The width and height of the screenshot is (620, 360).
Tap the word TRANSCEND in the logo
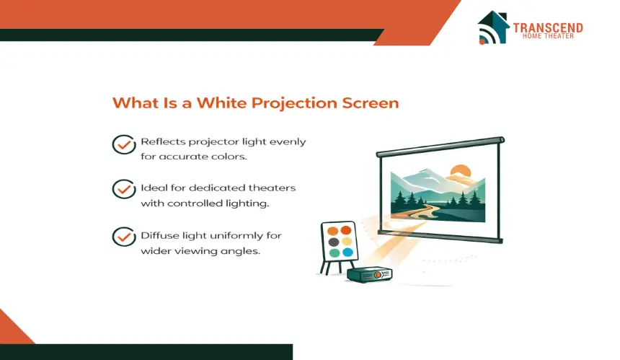tap(548, 27)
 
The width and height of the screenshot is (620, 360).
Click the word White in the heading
tap(222, 103)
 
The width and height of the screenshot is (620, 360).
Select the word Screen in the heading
tap(371, 103)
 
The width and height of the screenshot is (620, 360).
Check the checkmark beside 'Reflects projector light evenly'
tap(124, 144)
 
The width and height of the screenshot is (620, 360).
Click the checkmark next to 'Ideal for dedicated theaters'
tap(124, 189)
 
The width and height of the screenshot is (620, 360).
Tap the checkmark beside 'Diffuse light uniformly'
tap(124, 237)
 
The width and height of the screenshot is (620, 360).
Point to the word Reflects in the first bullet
tap(162, 141)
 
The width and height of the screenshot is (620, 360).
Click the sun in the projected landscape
tap(461, 171)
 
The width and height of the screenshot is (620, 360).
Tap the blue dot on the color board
tap(348, 252)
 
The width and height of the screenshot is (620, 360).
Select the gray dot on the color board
tap(334, 242)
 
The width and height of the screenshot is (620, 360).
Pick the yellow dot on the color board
tap(347, 241)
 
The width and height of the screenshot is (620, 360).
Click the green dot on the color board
tap(335, 253)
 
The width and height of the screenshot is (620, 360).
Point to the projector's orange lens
tap(378, 275)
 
